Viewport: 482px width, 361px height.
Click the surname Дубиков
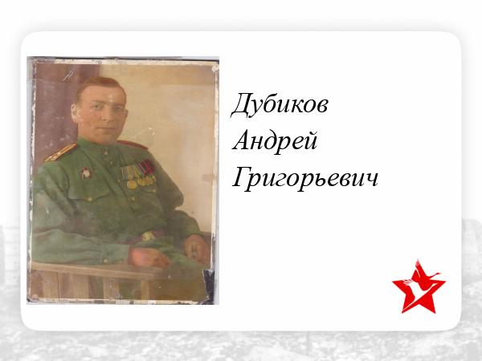click(x=280, y=104)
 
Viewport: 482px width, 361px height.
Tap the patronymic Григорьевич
click(x=305, y=179)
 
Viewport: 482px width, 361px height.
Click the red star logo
click(x=419, y=287)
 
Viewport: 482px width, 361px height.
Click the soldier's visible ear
click(x=74, y=112)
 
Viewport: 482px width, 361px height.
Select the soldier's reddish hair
click(x=99, y=86)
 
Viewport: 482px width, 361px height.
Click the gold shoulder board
click(x=60, y=152)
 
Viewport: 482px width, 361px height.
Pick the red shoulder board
click(x=133, y=144)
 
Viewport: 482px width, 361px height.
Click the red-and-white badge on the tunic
click(x=86, y=173)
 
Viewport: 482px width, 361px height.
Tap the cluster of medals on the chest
click(x=138, y=174)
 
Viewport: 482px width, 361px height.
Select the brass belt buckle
click(x=148, y=236)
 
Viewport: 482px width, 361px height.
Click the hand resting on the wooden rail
click(x=149, y=258)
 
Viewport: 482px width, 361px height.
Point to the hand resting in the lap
click(x=196, y=248)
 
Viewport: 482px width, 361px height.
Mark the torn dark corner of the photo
click(x=209, y=286)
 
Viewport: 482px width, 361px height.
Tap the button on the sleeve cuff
click(x=106, y=261)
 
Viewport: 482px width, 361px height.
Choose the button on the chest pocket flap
click(x=90, y=199)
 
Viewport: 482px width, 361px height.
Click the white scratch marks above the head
click(x=68, y=75)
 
